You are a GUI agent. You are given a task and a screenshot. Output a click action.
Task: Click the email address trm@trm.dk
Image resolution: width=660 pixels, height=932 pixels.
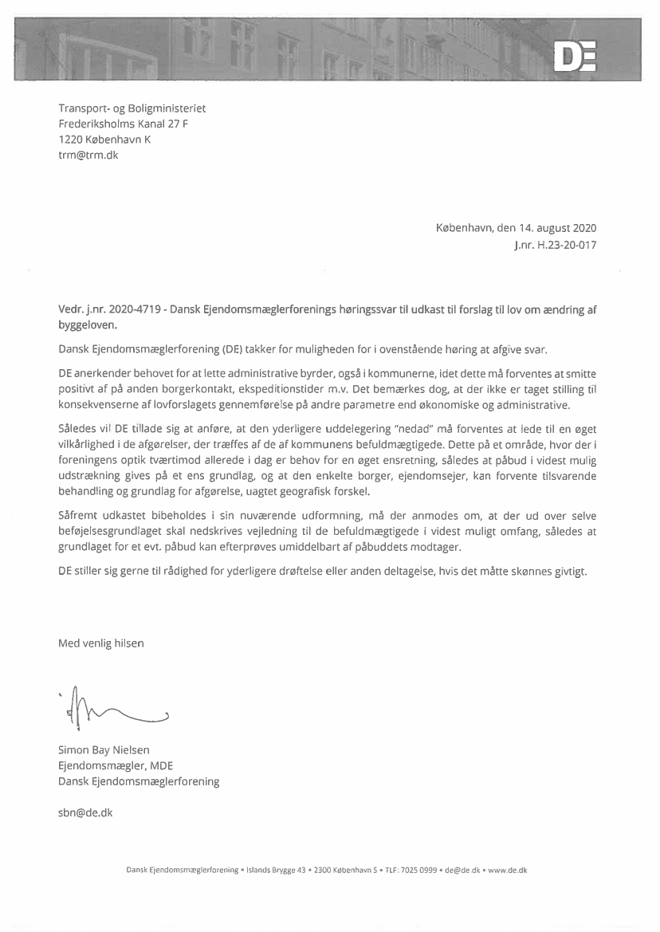pos(88,155)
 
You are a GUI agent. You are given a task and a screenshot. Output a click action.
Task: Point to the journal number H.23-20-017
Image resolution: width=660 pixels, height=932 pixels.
pos(568,245)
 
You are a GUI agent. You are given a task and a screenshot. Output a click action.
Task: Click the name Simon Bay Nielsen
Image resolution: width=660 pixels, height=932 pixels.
pos(104,749)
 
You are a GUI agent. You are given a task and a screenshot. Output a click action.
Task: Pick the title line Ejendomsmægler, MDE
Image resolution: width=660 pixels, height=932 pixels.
pos(115,765)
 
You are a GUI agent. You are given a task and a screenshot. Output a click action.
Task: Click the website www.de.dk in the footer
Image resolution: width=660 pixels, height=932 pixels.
pos(507,870)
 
